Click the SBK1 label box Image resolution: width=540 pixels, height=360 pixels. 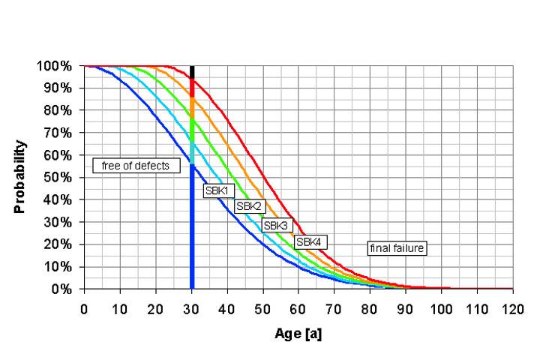216,190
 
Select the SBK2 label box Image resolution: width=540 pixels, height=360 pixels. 248,206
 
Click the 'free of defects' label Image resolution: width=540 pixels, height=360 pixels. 136,166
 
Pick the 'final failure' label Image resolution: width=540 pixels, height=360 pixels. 396,248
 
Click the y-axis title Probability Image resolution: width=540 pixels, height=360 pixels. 20,177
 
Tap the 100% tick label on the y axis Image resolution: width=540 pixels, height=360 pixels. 55,66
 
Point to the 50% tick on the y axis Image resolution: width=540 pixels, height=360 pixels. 58,178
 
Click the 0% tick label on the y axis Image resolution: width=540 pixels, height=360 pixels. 62,289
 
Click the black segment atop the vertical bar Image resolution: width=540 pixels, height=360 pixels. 192,71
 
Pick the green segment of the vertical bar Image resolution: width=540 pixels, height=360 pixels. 192,130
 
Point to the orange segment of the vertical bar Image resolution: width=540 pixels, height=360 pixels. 192,107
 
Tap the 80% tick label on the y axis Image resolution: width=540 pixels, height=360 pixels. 58,110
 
